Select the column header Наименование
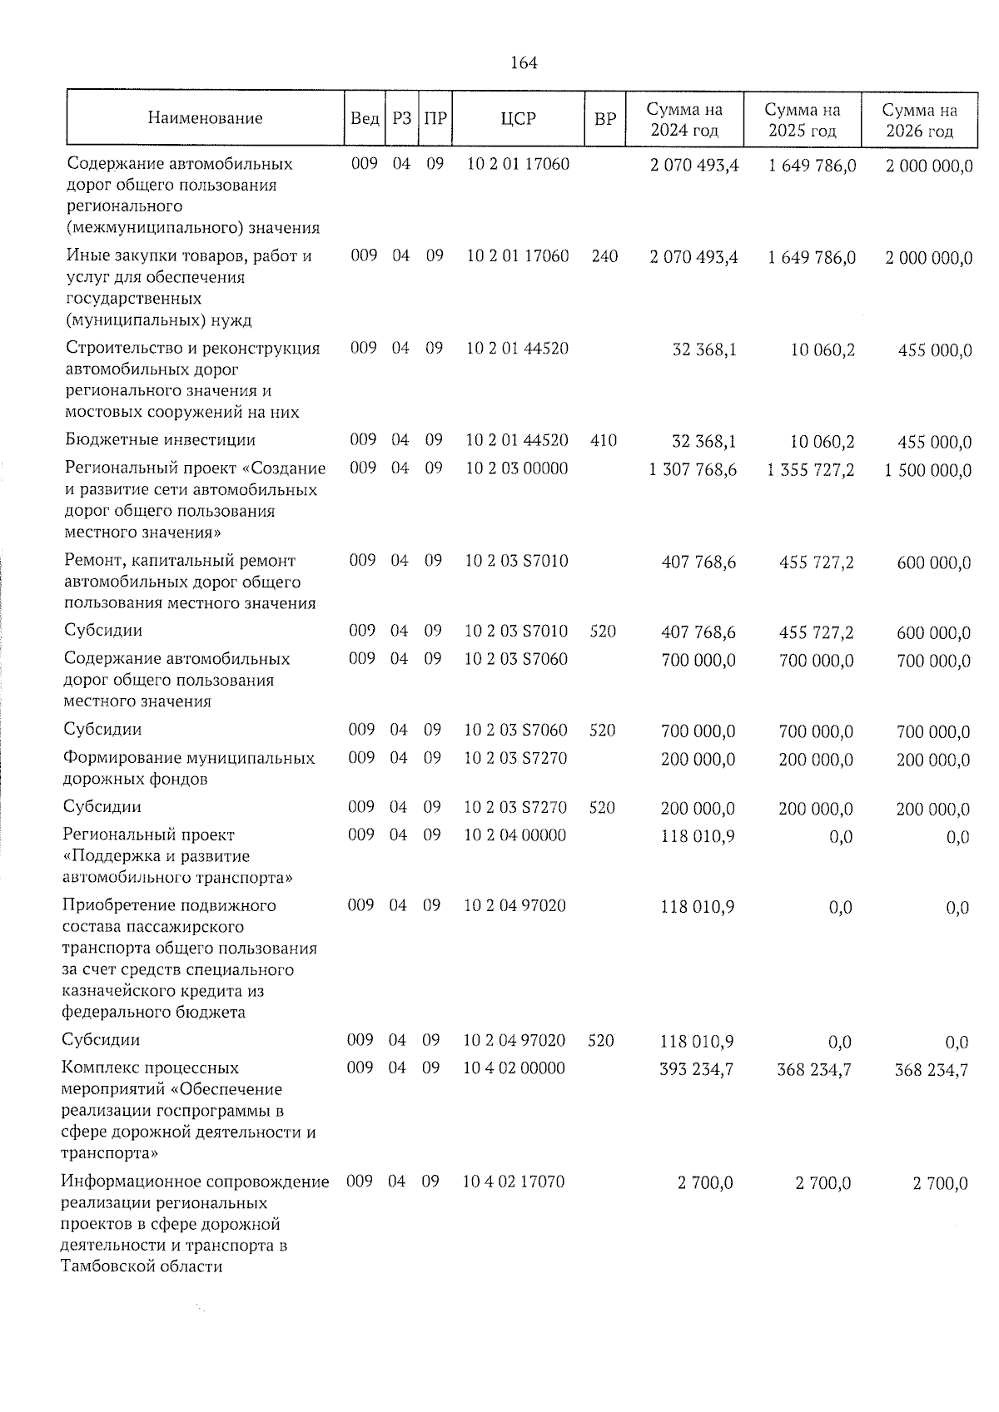click(x=205, y=118)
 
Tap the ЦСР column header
click(x=518, y=118)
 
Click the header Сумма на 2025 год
click(x=803, y=120)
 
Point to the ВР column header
click(x=604, y=118)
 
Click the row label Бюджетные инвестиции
click(x=160, y=440)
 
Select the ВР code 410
click(x=604, y=440)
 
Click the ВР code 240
click(x=604, y=256)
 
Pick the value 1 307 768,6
click(x=693, y=469)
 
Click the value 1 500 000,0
click(x=928, y=471)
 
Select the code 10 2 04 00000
click(x=514, y=835)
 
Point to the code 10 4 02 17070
click(x=514, y=1182)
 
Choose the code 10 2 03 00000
click(x=516, y=468)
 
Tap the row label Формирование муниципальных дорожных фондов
click(x=189, y=769)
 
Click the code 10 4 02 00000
click(x=514, y=1068)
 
